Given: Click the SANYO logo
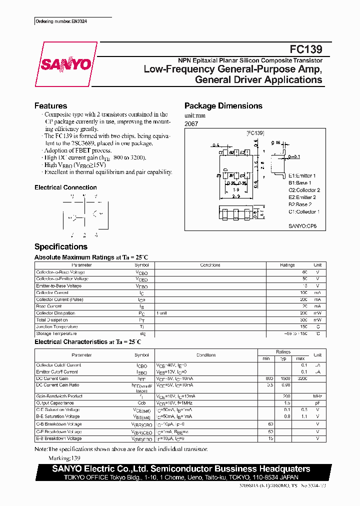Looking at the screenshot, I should click(x=65, y=64).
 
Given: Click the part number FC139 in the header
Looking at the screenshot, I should click(x=306, y=49).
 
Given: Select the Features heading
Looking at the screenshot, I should click(x=50, y=106).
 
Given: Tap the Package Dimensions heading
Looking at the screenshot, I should click(x=223, y=106).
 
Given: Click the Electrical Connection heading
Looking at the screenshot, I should click(x=65, y=187).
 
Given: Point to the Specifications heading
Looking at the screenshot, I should click(x=61, y=246).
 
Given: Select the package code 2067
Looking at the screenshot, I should click(x=191, y=123).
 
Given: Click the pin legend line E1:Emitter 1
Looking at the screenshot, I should click(x=302, y=176).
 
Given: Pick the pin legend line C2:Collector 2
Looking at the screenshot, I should click(x=304, y=190).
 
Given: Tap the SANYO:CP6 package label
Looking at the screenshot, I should click(x=303, y=226).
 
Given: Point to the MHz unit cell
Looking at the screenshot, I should click(x=317, y=396).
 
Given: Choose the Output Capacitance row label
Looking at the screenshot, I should click(x=55, y=402).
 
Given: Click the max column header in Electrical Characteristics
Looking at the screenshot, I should click(x=300, y=358).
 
